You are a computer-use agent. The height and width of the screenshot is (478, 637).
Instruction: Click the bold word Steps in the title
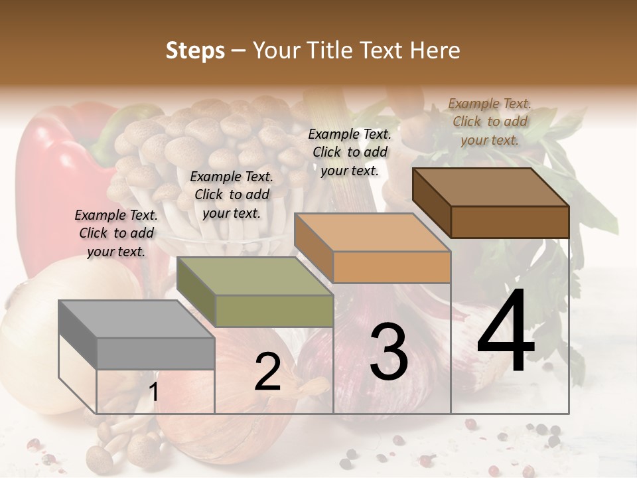[x=195, y=50]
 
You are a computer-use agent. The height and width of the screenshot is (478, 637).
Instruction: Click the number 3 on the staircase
[x=388, y=352]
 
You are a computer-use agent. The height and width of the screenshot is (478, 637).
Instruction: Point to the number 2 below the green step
[x=267, y=372]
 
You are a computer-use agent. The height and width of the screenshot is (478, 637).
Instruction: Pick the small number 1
[x=153, y=392]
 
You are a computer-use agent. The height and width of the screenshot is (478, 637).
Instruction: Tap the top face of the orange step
[x=372, y=232]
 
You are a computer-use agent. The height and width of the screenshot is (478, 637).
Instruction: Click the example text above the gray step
[x=116, y=233]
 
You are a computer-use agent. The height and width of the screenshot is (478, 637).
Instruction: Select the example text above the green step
[x=232, y=195]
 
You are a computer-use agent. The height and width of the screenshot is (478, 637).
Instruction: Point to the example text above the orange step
[x=350, y=152]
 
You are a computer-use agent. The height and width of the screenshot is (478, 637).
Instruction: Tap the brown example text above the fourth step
[x=490, y=121]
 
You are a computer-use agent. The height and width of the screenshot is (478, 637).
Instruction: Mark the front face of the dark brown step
[x=510, y=222]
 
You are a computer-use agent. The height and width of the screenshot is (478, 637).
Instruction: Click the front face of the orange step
[x=391, y=267]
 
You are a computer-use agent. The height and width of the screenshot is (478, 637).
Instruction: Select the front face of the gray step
[x=156, y=353]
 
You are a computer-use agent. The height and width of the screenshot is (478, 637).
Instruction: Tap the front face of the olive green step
[x=274, y=311]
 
